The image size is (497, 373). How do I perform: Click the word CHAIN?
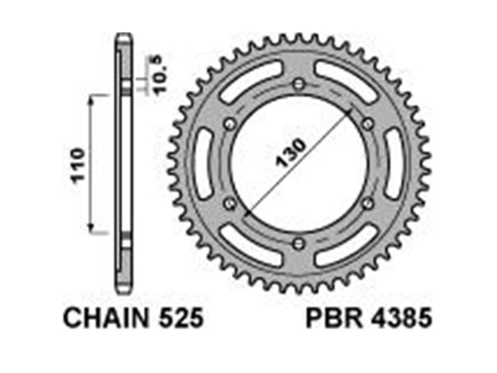[106, 318]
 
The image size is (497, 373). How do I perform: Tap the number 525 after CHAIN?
[181, 318]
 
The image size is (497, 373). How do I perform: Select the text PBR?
[335, 318]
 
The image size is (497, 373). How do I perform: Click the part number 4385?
[401, 318]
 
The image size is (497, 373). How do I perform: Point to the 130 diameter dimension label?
[291, 152]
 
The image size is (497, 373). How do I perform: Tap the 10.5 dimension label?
[161, 74]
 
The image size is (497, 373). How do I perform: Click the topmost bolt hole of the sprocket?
[299, 85]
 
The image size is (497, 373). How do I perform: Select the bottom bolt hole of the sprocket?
[299, 244]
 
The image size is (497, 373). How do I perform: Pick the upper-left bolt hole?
[230, 124]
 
